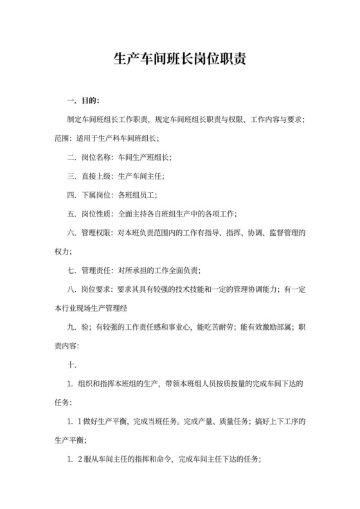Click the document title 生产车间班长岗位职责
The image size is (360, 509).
pyautogui.click(x=179, y=60)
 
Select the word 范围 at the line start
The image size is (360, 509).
pyautogui.click(x=63, y=138)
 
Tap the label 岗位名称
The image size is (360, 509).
pyautogui.click(x=96, y=157)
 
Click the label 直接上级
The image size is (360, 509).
pyautogui.click(x=96, y=175)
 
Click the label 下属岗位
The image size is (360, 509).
pyautogui.click(x=96, y=194)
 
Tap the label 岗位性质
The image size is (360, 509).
pyautogui.click(x=96, y=213)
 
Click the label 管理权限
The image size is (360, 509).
pyautogui.click(x=96, y=231)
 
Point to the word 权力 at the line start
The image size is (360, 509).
pyautogui.click(x=63, y=250)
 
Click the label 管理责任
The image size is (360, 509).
pyautogui.click(x=96, y=270)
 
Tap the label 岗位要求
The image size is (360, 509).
pyautogui.click(x=96, y=289)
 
